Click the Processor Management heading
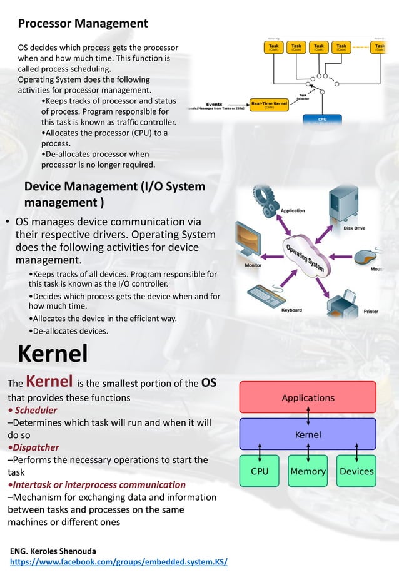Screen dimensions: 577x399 point(83,24)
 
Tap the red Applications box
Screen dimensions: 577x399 point(308,397)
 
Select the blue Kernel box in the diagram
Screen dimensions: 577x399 point(308,434)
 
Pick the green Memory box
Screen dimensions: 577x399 point(308,471)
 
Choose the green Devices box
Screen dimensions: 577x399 point(356,471)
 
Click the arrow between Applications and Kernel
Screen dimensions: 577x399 point(308,416)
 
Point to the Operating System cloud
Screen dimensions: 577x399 point(306,257)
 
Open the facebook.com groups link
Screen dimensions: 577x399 point(119,562)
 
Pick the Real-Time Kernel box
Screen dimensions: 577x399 point(270,105)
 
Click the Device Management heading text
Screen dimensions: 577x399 point(114,195)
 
